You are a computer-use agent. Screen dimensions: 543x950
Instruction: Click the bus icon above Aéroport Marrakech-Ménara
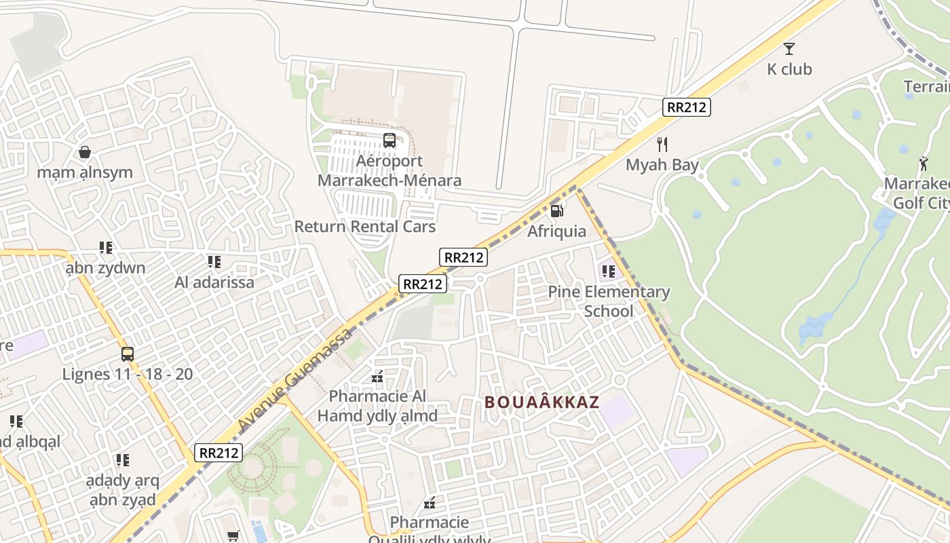click(x=389, y=141)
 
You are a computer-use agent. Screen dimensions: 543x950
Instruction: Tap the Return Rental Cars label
click(x=364, y=226)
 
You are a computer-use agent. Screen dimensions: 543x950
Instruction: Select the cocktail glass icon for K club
click(x=788, y=48)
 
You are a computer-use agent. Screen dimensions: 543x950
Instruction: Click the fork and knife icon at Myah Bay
click(x=662, y=144)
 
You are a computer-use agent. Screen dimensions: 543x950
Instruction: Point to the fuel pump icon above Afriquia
click(x=556, y=210)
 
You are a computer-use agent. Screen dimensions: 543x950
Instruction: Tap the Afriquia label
click(x=556, y=231)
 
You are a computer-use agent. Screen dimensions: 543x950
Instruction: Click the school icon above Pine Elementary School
click(x=608, y=271)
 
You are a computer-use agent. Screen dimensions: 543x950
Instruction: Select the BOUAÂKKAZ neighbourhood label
click(x=541, y=402)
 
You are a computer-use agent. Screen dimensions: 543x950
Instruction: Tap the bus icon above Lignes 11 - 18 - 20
click(x=128, y=354)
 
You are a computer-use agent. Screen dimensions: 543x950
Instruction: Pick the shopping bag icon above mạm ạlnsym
click(x=85, y=151)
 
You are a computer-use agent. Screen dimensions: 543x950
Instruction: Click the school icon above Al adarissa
click(x=214, y=261)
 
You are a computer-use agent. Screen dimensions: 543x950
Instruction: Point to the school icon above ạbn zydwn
click(x=105, y=247)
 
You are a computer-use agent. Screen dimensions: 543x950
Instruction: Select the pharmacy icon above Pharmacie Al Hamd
click(x=377, y=376)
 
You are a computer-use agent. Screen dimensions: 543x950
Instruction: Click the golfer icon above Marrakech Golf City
click(x=923, y=164)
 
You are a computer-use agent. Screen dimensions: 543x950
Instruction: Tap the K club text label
click(x=789, y=69)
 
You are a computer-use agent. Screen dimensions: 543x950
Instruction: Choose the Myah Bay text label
click(x=662, y=165)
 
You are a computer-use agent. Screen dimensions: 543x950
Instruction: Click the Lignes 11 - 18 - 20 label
click(x=128, y=374)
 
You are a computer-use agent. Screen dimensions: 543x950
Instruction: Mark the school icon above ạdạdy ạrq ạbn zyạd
click(x=122, y=460)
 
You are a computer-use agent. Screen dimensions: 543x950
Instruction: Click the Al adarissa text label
click(x=214, y=282)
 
